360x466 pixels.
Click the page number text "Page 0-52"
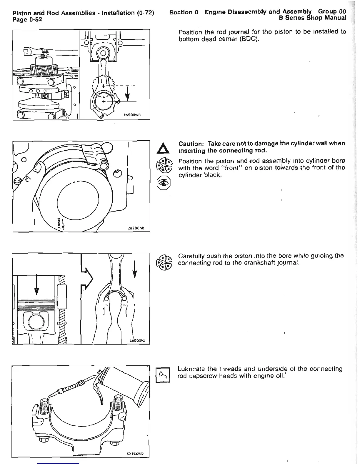(x=27, y=20)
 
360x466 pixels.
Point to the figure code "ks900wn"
(x=135, y=114)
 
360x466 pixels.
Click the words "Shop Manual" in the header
(x=327, y=18)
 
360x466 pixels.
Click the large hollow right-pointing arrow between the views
(x=87, y=277)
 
